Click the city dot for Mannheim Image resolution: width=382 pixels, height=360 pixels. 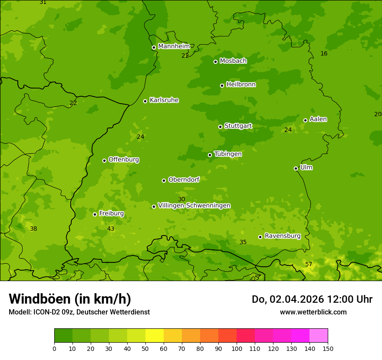[154, 48]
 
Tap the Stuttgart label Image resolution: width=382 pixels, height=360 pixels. [238, 126]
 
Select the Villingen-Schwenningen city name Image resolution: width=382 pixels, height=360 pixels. [194, 206]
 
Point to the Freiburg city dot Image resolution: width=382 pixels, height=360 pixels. [95, 214]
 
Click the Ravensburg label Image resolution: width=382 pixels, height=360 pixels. [283, 236]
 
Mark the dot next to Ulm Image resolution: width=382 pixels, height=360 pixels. [296, 168]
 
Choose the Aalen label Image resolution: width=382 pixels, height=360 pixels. [318, 119]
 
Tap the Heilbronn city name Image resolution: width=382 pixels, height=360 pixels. [241, 85]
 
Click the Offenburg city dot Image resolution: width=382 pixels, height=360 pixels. [104, 160]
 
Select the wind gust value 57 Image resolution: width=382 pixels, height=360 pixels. [309, 265]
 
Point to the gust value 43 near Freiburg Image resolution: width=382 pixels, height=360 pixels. [111, 229]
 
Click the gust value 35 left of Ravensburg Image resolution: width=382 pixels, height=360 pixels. [243, 242]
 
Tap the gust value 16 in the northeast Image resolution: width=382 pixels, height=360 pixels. [324, 54]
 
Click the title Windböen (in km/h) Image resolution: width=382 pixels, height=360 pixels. [70, 299]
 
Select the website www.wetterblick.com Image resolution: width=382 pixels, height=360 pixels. [313, 312]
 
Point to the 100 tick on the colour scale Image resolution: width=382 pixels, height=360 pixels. [237, 348]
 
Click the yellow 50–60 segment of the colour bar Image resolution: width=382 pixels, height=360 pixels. [155, 336]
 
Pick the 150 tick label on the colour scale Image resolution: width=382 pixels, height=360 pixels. [328, 348]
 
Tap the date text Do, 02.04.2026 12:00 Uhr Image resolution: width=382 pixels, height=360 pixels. [312, 299]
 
